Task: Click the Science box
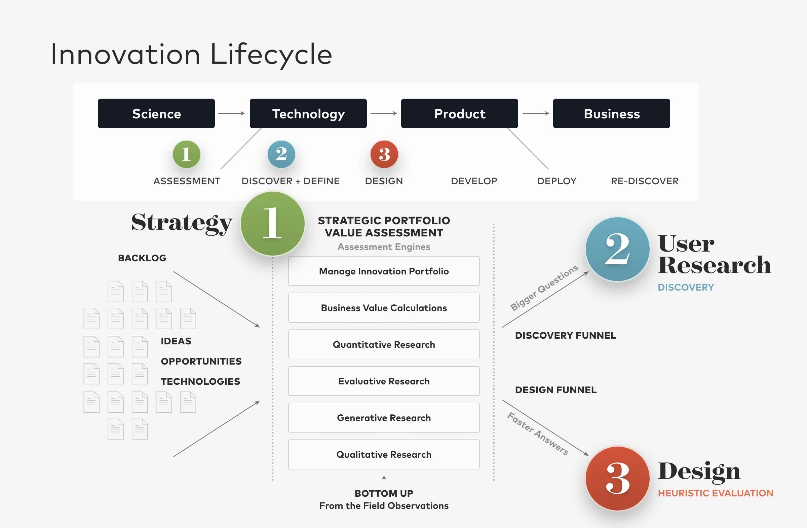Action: (156, 114)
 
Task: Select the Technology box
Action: (308, 114)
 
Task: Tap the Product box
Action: (459, 114)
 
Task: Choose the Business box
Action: (611, 114)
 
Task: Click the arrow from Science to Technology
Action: (232, 113)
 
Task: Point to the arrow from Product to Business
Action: (536, 113)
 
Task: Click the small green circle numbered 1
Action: (187, 154)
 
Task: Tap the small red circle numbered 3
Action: (384, 154)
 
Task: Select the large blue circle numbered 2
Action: (617, 249)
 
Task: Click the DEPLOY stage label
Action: (557, 181)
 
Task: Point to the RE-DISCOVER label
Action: (645, 181)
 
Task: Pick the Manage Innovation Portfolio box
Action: (384, 271)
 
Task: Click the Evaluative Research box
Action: (384, 381)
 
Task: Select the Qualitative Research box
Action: (384, 454)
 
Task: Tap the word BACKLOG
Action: (142, 258)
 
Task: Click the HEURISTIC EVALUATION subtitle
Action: (716, 493)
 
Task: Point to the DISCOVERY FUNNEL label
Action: (565, 335)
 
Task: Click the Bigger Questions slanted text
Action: (544, 288)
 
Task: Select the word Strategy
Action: (182, 223)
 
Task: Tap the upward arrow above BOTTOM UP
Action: (384, 481)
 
